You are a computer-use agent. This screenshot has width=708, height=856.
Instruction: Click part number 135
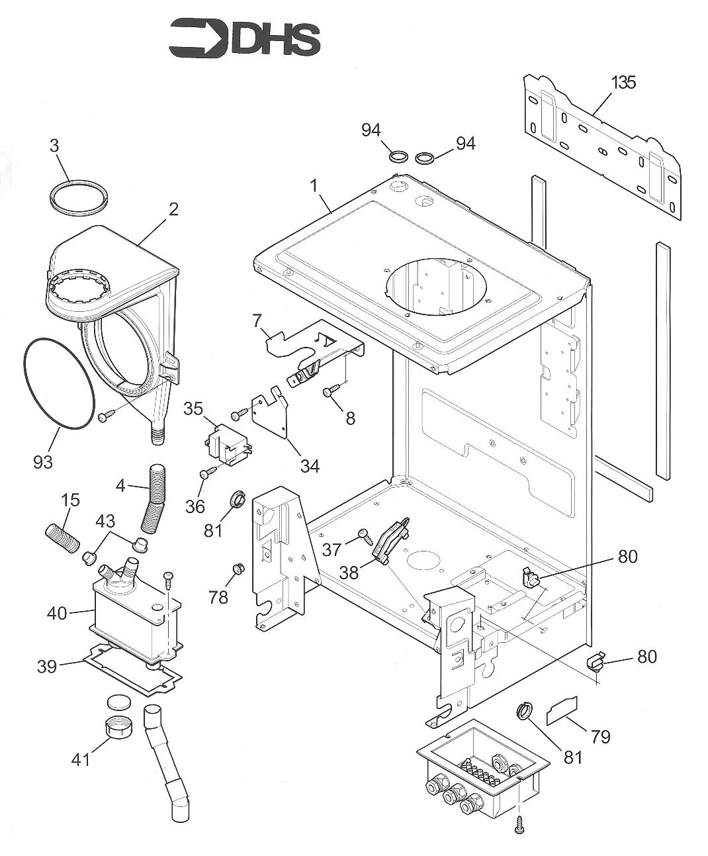[x=623, y=83]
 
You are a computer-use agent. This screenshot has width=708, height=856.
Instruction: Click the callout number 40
[x=57, y=614]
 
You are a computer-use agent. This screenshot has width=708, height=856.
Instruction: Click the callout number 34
[x=309, y=466]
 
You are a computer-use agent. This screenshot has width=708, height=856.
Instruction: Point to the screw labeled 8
[x=330, y=393]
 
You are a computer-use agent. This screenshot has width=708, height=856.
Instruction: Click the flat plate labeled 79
[x=562, y=710]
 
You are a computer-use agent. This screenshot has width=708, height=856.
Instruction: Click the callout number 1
[x=315, y=185]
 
